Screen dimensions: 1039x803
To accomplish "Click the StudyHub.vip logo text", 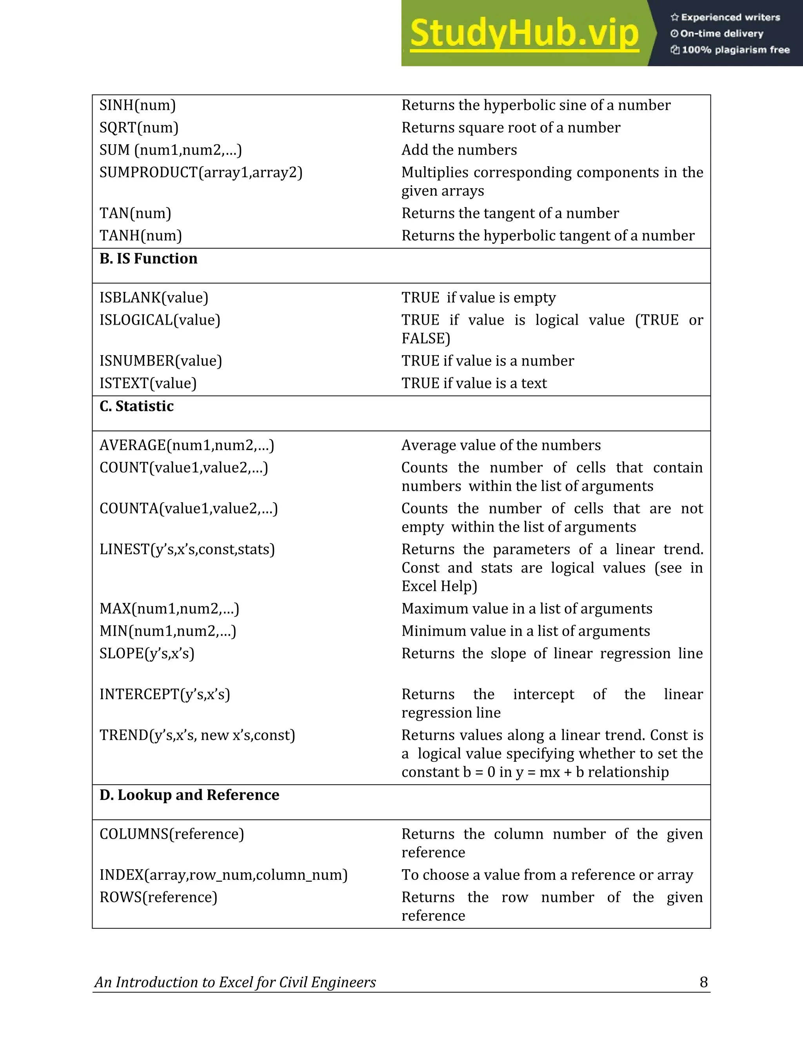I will click(x=524, y=33).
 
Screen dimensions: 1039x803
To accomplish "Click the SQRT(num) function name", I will click(x=139, y=127).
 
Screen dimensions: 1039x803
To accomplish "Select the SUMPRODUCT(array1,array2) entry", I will click(x=201, y=172).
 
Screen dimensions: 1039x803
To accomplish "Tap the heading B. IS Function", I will click(x=149, y=258).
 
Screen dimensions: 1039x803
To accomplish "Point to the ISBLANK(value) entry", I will click(x=154, y=298).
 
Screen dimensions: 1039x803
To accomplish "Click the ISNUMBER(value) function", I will click(x=160, y=361).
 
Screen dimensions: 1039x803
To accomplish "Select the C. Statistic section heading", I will click(x=136, y=406).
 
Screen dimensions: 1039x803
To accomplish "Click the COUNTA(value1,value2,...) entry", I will click(x=188, y=509).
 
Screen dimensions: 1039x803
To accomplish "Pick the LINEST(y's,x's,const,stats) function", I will click(x=187, y=549).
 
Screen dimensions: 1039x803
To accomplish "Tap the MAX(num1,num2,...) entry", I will click(x=169, y=609).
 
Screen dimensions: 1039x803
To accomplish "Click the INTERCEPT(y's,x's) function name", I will click(x=165, y=695).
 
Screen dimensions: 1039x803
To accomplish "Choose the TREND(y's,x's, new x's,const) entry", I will click(x=197, y=736).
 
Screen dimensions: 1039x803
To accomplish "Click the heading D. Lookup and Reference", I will click(x=189, y=795).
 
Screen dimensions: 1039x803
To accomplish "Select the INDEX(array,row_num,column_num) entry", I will click(x=223, y=875).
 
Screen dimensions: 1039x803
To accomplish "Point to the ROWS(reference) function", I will click(x=158, y=897).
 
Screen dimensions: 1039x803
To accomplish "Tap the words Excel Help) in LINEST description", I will click(x=439, y=586).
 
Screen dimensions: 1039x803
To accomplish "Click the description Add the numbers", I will click(x=459, y=150).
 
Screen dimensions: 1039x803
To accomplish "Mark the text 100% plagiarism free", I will click(x=735, y=50).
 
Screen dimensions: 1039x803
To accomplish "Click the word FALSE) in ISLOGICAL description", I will click(x=425, y=338).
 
